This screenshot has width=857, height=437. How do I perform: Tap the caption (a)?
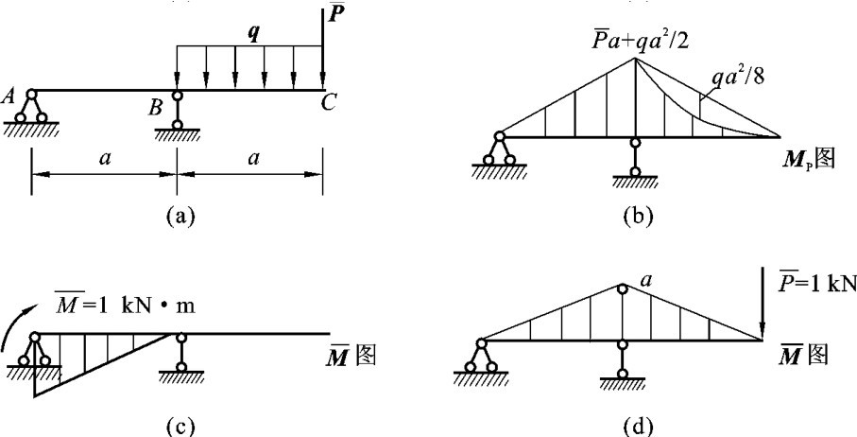(177, 216)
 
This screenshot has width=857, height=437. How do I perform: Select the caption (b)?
(640, 216)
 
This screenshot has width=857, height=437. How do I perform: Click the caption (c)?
(177, 424)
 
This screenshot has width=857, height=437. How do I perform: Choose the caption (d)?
(640, 424)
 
